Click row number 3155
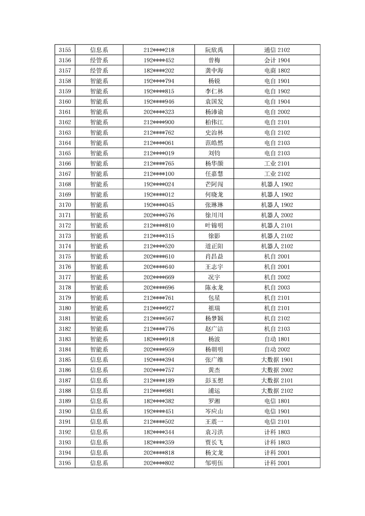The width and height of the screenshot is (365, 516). [65, 50]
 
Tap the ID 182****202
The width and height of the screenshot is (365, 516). [159, 71]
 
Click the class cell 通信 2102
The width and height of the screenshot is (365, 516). [277, 50]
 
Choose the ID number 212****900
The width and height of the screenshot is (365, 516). [159, 122]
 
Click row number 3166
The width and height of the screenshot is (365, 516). [65, 164]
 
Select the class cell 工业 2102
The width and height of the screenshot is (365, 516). [277, 174]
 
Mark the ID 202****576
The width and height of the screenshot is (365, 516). [159, 215]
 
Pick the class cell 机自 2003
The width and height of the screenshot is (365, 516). [277, 287]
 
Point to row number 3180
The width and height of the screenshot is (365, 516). [65, 308]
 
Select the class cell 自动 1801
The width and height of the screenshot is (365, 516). [277, 339]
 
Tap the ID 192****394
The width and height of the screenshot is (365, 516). [159, 360]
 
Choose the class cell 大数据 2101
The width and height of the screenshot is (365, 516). [277, 380]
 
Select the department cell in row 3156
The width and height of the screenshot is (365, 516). [99, 60]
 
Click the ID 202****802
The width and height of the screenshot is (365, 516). [159, 463]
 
